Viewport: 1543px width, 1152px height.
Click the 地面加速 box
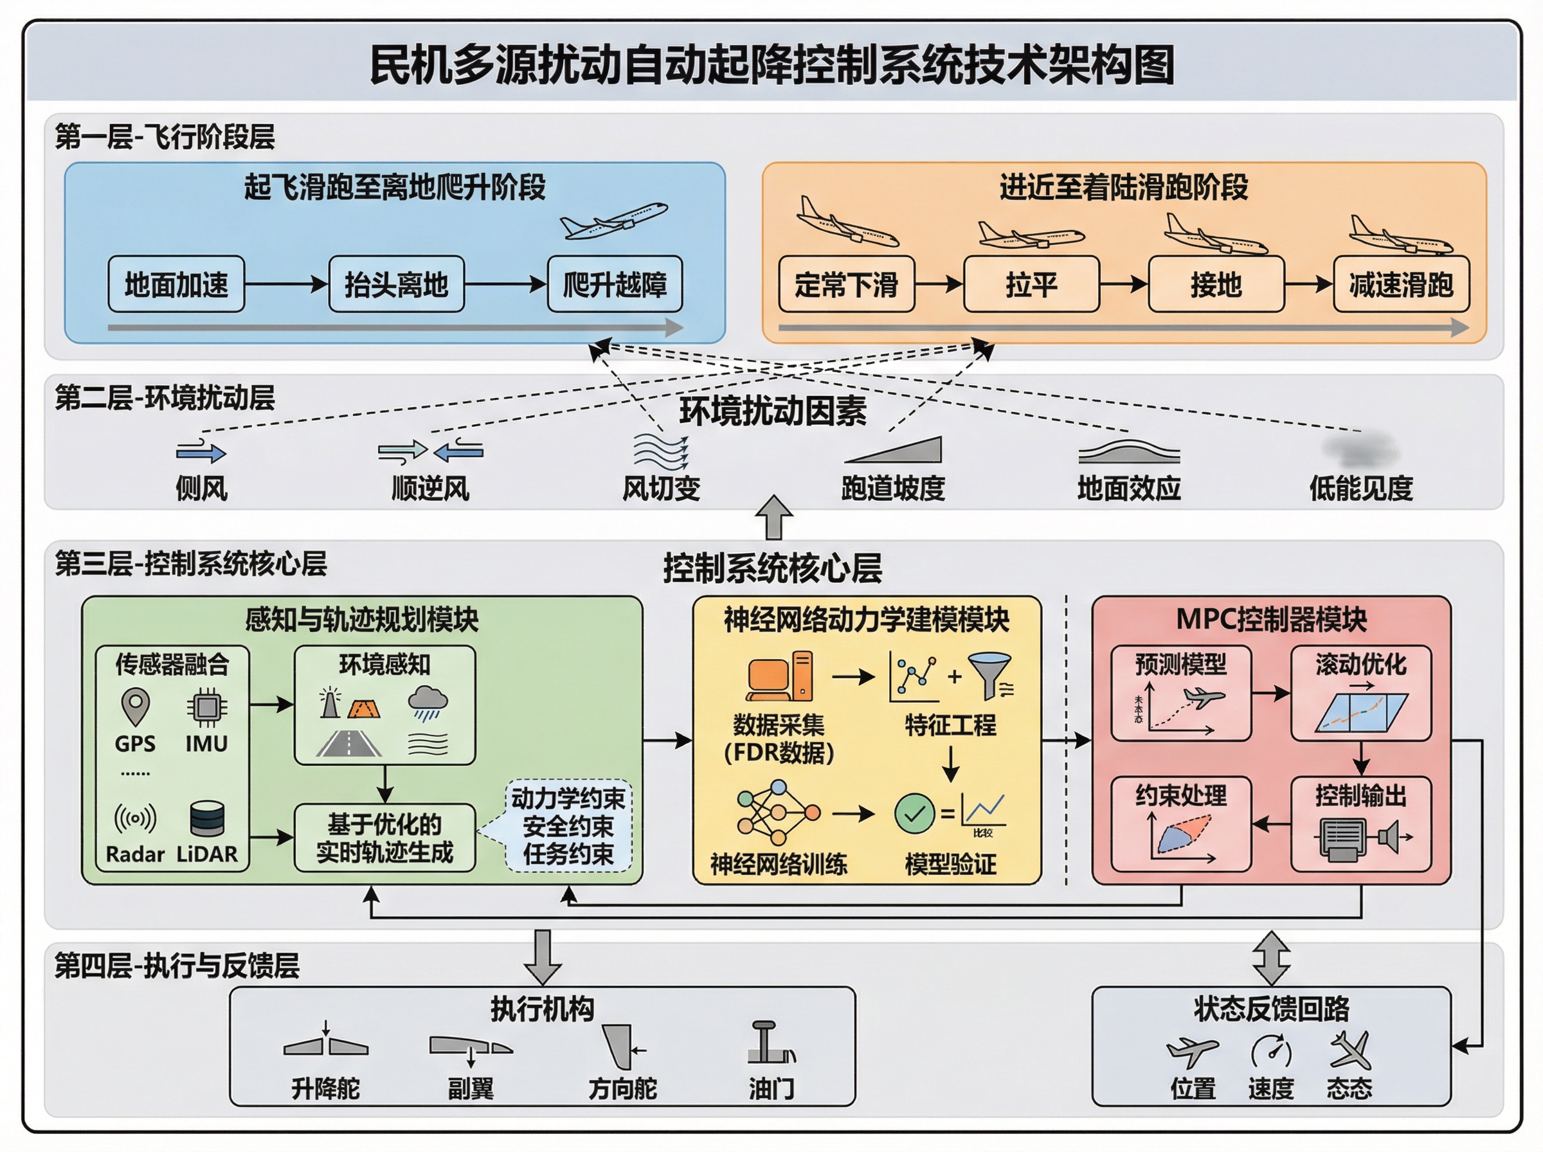(x=176, y=283)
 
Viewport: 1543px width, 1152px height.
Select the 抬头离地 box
(x=396, y=283)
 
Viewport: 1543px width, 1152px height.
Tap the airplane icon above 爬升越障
(x=613, y=222)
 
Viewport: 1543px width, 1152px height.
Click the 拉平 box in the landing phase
(x=1031, y=283)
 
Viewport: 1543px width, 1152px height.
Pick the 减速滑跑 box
(x=1401, y=283)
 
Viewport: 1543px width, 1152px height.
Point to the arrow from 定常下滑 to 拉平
(x=939, y=283)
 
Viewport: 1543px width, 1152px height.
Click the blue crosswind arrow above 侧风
(x=201, y=453)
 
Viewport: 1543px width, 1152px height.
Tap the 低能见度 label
(x=1360, y=488)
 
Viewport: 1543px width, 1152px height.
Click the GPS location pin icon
(x=135, y=706)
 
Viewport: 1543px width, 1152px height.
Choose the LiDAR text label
(x=206, y=854)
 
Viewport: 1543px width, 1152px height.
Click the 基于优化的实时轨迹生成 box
(x=384, y=838)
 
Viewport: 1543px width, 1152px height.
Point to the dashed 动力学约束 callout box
(x=568, y=826)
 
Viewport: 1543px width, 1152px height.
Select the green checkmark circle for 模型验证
(x=914, y=813)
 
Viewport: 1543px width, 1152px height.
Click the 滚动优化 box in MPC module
(x=1360, y=693)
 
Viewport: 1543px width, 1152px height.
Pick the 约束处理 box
(x=1180, y=824)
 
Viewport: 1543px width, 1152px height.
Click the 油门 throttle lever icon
(x=770, y=1044)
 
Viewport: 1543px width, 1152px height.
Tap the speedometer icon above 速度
(x=1270, y=1051)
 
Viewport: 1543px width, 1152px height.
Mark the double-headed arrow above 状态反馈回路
(x=1270, y=957)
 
